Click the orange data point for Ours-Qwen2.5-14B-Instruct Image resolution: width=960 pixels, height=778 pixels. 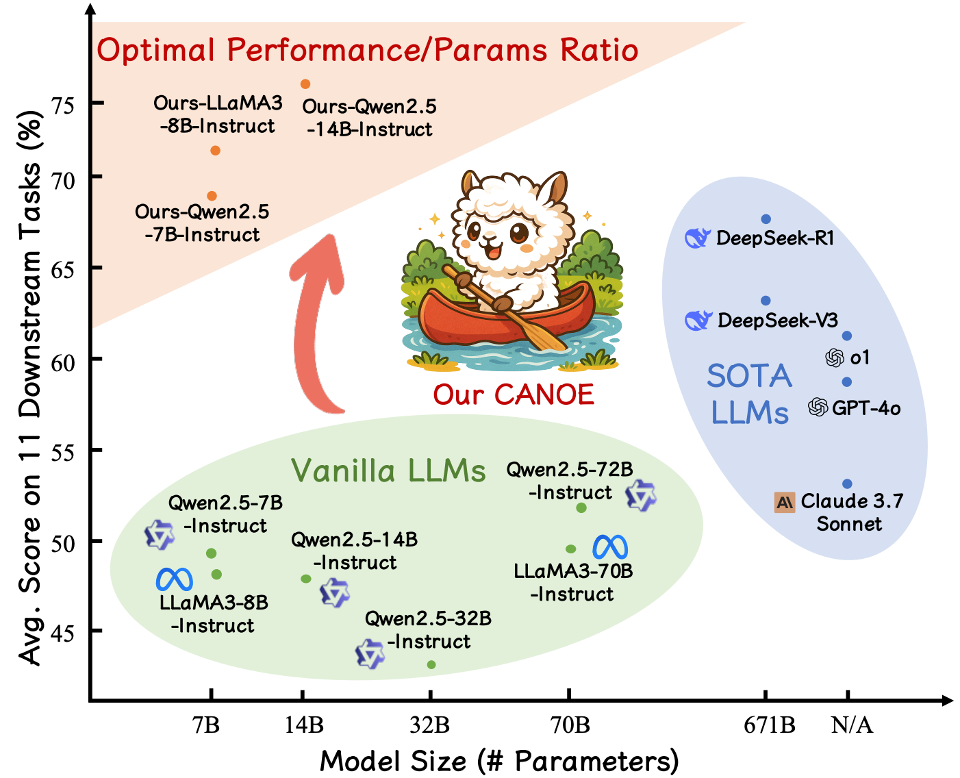(305, 84)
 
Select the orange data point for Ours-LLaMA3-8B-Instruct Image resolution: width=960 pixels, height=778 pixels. (215, 151)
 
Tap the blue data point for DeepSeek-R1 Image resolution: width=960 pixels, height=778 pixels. (766, 219)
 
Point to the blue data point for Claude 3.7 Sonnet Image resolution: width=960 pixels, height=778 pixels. (847, 484)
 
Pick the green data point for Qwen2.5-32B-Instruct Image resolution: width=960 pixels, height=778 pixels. (431, 664)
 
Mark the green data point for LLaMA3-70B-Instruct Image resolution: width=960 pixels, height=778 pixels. (570, 549)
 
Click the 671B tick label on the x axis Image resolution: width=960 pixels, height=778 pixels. (770, 725)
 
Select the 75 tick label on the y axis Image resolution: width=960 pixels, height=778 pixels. (63, 105)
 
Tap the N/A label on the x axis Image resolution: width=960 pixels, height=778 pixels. (852, 725)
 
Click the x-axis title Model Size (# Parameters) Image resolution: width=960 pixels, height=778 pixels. (499, 761)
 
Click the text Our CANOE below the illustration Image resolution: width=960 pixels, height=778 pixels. (513, 394)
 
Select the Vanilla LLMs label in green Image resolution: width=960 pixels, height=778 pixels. (388, 471)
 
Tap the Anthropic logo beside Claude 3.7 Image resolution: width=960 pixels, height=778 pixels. (785, 503)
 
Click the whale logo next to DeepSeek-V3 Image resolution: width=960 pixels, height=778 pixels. (698, 320)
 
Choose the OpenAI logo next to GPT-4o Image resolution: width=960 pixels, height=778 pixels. (818, 407)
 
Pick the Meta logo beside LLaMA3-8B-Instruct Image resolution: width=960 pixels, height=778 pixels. (174, 579)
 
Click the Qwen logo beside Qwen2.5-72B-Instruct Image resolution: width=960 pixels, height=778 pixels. (642, 495)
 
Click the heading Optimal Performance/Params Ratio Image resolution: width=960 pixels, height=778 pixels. (368, 51)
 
